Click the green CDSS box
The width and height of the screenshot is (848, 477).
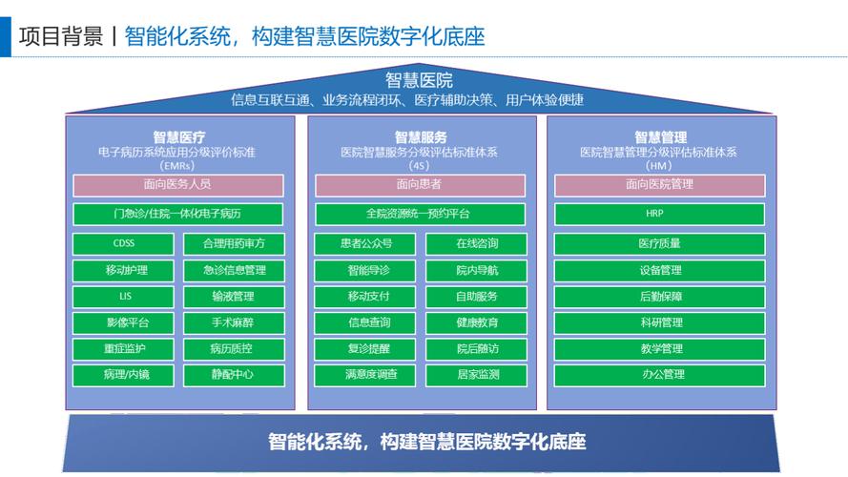(x=124, y=244)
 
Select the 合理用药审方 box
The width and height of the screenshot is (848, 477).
(x=234, y=244)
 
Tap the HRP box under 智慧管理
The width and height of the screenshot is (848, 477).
(x=660, y=215)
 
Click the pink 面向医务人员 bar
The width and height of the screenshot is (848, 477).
(x=178, y=185)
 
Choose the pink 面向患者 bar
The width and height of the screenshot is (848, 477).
(x=420, y=185)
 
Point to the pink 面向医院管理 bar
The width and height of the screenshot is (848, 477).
(x=660, y=185)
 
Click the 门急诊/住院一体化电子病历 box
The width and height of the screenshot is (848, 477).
(x=178, y=215)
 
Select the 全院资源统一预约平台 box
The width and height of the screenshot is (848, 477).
(x=420, y=215)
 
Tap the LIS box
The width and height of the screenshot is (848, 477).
(x=124, y=297)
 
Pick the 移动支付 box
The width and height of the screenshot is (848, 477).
(x=368, y=297)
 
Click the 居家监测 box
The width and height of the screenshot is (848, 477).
(x=477, y=375)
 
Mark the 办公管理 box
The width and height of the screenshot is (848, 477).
(x=660, y=375)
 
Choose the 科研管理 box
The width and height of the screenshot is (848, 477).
(x=660, y=322)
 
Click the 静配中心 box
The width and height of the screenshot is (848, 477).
(x=234, y=375)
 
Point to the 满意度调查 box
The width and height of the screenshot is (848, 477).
(x=368, y=375)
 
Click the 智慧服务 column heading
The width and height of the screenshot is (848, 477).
(x=421, y=137)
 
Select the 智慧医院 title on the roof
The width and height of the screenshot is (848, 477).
(x=420, y=80)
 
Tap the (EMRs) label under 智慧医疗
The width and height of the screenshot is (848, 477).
(x=178, y=165)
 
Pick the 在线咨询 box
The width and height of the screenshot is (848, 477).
(x=477, y=244)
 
